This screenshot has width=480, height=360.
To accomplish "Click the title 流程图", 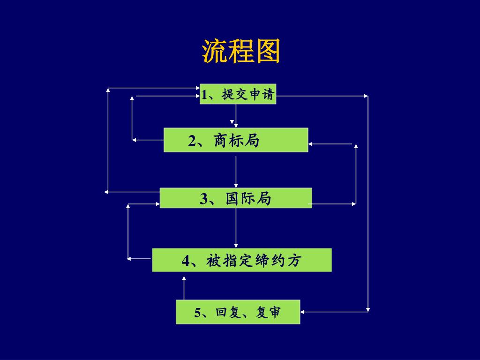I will pos(241,51).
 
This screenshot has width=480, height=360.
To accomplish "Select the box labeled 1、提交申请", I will pos(238,94).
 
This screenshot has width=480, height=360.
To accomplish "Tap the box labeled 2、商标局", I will pos(236,140).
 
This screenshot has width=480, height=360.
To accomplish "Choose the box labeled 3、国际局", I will pos(236,198).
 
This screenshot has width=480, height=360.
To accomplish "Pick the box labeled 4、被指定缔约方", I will pos(241,260).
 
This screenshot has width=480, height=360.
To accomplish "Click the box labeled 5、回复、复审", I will pos(238,312).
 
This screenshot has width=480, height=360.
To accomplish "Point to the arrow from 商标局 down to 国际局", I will pos(236,171).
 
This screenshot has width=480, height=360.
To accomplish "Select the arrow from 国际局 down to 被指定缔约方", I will pos(236,228).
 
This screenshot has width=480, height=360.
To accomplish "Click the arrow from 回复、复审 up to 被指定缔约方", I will pos(184,288).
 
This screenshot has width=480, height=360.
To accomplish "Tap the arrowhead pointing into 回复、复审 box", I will pos(303,311).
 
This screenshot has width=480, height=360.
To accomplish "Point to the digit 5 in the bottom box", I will pos(198,313).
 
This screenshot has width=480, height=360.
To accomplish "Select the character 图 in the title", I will pos(268,51).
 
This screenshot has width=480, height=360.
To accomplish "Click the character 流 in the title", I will pos(215,51).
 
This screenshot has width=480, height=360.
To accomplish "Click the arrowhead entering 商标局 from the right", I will pos(311,144).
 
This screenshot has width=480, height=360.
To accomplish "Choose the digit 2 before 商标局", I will pos(192,141).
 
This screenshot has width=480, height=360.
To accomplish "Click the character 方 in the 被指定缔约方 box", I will pos(294,261).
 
